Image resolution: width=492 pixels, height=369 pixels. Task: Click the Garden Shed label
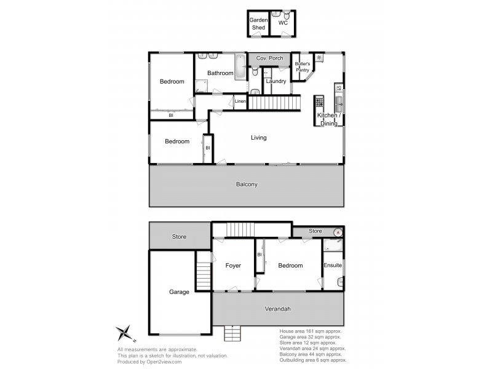(x=258, y=23)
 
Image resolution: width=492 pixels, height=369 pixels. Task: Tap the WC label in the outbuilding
(x=283, y=23)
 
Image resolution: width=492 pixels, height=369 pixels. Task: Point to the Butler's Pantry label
(x=302, y=67)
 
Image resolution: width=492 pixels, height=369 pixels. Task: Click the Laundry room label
(x=276, y=81)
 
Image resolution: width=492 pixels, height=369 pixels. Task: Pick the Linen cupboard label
(x=240, y=101)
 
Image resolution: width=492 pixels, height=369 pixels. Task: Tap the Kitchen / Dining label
(x=327, y=119)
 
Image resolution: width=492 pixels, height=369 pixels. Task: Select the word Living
(x=258, y=138)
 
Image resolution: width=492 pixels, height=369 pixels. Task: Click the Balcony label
(x=247, y=184)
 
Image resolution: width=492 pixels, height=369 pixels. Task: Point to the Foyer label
(x=232, y=266)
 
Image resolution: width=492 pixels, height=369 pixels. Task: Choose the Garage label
(x=179, y=292)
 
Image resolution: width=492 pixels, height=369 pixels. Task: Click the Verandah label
(x=278, y=309)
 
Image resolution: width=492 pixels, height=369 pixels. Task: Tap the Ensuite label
(x=333, y=266)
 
